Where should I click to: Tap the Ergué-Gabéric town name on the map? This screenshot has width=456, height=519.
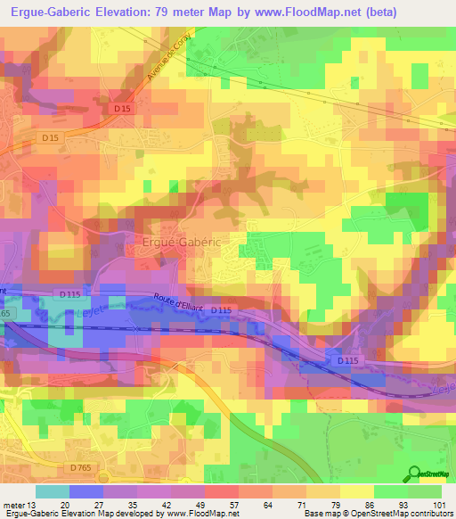pyautogui.click(x=181, y=241)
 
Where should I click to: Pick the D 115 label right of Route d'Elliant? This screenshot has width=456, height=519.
pyautogui.click(x=223, y=310)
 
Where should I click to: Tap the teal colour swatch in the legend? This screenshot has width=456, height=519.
pyautogui.click(x=53, y=491)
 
